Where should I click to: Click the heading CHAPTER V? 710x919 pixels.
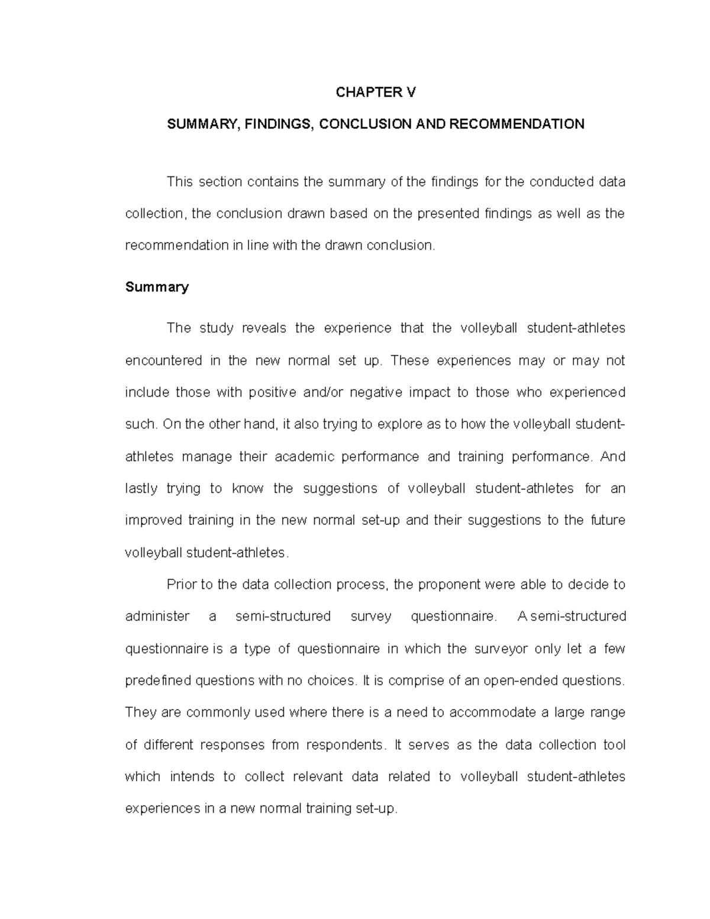[x=376, y=92]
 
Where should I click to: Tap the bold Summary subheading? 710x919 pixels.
[x=157, y=288]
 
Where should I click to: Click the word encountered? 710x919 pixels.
[x=163, y=360]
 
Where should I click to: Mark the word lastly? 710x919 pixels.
[x=141, y=489]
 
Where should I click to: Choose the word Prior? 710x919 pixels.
[x=181, y=585]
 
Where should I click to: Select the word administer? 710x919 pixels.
[x=157, y=617]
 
